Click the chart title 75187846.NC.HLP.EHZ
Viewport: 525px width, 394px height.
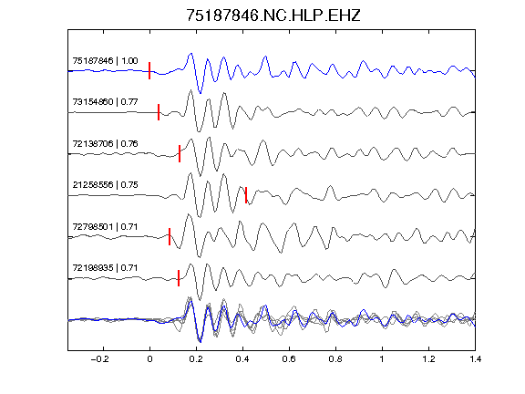273,16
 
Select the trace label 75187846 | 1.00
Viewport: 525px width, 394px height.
105,60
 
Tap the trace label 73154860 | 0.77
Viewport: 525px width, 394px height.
105,101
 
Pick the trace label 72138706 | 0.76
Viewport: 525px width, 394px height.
105,144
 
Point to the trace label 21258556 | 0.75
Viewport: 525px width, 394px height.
105,184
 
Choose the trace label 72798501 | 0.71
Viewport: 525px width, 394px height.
105,227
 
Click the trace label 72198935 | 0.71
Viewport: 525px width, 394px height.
105,268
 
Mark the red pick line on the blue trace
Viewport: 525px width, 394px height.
149,70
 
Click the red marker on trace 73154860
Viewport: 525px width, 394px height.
159,112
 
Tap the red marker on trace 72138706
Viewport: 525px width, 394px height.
180,153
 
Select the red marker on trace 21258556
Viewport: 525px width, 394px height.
246,195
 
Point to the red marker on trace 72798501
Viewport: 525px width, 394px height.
170,236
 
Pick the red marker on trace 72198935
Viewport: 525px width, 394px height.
179,278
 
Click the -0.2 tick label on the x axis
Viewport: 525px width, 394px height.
99,359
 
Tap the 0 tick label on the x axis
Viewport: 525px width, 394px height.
149,359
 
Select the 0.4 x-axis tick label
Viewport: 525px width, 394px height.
242,359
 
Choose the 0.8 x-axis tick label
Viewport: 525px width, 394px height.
335,359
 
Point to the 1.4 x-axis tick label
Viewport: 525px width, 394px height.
475,359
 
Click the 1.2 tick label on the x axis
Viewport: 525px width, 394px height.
428,359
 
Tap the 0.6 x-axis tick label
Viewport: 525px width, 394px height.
289,359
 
